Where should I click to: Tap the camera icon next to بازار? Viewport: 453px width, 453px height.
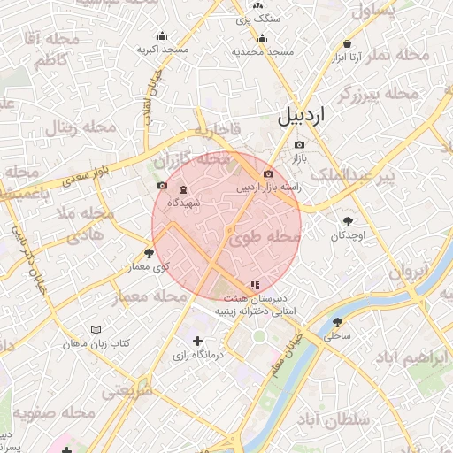pyautogui.click(x=299, y=144)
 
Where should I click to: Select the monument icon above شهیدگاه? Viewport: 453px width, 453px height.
pyautogui.click(x=183, y=190)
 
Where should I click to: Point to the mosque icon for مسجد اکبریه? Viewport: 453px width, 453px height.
pyautogui.click(x=161, y=37)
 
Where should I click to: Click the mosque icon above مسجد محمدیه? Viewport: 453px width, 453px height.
pyautogui.click(x=262, y=39)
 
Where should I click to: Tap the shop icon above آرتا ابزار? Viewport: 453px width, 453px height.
pyautogui.click(x=347, y=43)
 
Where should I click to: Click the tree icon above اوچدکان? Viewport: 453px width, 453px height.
pyautogui.click(x=347, y=221)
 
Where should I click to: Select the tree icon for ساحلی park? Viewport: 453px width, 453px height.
pyautogui.click(x=337, y=323)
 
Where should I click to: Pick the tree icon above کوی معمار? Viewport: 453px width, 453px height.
pyautogui.click(x=148, y=253)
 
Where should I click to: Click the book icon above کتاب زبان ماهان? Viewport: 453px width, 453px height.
pyautogui.click(x=96, y=329)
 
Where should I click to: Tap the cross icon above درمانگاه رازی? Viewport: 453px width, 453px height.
pyautogui.click(x=197, y=341)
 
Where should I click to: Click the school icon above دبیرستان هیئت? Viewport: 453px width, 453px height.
pyautogui.click(x=255, y=285)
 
